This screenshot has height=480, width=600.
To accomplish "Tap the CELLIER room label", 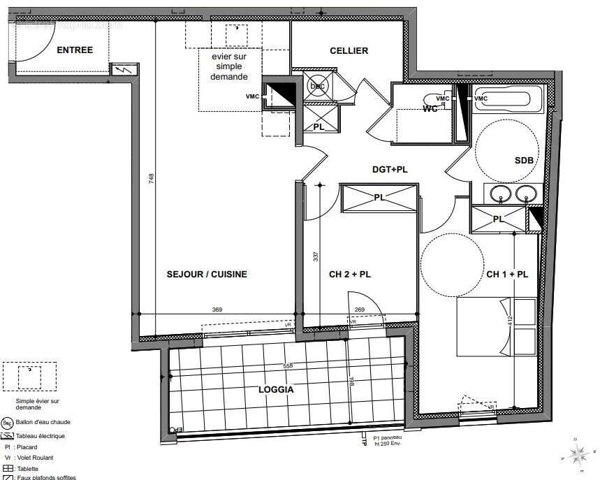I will tap(349, 50).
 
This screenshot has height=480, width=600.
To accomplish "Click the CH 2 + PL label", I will tap(350, 275).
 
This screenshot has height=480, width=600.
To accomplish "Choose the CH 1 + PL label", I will tap(507, 275).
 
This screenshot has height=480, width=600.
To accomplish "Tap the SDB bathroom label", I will tap(524, 160).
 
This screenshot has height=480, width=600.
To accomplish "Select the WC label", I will tap(431, 109).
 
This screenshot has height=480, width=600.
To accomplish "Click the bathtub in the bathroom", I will tap(507, 99).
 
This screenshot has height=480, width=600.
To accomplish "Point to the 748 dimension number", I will tap(151, 179).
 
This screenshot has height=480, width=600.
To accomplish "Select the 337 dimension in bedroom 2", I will tap(316, 256).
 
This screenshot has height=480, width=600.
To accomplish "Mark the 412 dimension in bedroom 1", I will tap(511, 322).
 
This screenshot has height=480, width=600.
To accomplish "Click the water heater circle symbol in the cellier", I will tap(318, 85).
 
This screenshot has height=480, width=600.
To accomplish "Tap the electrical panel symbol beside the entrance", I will tap(124, 70).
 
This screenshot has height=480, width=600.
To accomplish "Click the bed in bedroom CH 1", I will tap(496, 326).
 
